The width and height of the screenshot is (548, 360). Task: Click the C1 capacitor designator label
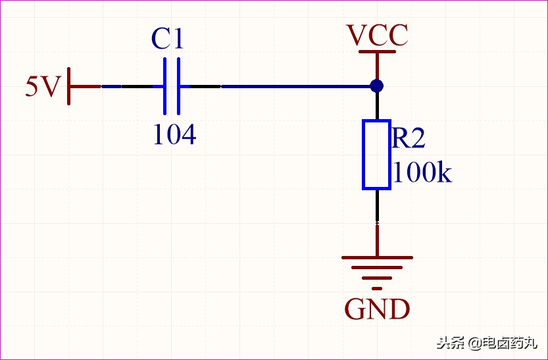coord(167,38)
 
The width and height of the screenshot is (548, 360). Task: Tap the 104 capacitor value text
coord(175,134)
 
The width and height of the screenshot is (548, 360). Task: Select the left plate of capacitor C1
coord(164,86)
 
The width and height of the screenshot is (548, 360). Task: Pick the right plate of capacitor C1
coord(178,86)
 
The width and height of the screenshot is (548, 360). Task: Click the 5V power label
coord(43,86)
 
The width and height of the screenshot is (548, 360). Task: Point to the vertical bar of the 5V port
coord(69,86)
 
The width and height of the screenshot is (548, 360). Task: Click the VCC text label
coord(377,36)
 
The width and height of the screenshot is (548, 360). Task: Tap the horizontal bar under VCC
coord(377,52)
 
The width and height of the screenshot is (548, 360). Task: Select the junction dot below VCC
coord(377,86)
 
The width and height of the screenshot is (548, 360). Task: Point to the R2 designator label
coord(408,138)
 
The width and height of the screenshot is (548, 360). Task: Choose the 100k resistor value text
coord(422,172)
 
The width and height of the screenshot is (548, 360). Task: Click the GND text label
coord(377,309)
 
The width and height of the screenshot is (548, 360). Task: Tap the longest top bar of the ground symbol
coord(377,258)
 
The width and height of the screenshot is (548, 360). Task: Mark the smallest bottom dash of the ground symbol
coord(377,288)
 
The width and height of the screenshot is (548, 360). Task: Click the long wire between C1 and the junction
coord(298,86)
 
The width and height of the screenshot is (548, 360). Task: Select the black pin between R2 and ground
coord(377,206)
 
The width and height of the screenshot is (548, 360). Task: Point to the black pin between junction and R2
coord(377,106)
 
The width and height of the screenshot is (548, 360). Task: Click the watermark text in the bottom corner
coord(487,342)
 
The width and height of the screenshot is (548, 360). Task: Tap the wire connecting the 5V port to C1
coord(127,86)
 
